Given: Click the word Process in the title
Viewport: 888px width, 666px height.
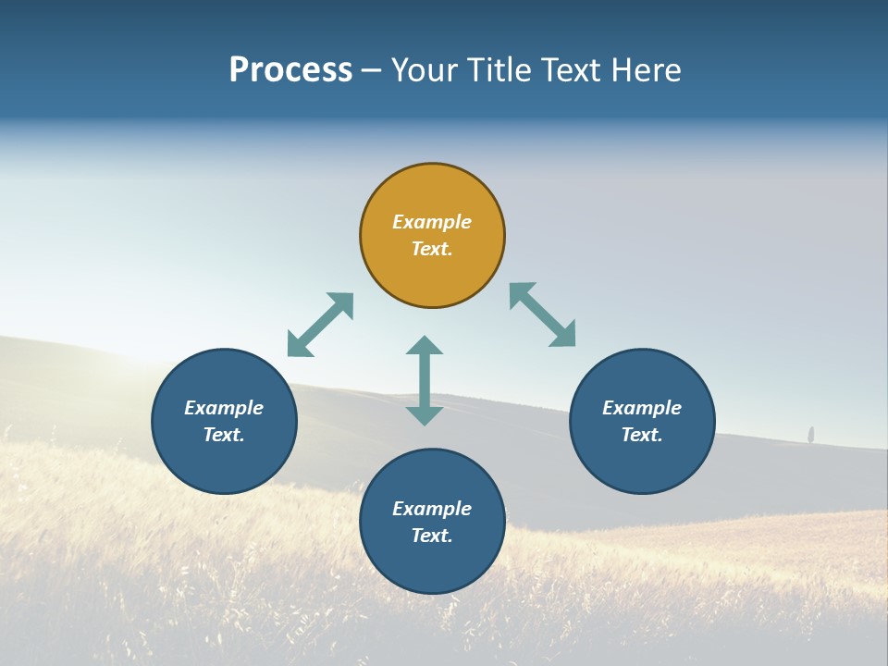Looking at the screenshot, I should pyautogui.click(x=290, y=70).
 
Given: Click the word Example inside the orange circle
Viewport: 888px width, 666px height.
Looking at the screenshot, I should pyautogui.click(x=432, y=222).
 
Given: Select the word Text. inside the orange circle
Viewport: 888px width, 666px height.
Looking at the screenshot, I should pyautogui.click(x=432, y=249).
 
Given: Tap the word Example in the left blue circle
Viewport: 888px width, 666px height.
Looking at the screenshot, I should pyautogui.click(x=224, y=408).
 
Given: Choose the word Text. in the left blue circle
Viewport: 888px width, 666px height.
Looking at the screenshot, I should pyautogui.click(x=224, y=435).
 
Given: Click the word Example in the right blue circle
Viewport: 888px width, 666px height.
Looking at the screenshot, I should pyautogui.click(x=642, y=408).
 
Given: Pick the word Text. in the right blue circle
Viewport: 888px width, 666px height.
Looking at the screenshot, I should pyautogui.click(x=642, y=435).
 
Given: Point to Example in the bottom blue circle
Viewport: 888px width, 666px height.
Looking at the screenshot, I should pyautogui.click(x=432, y=509).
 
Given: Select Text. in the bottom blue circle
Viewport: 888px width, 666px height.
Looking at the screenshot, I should pyautogui.click(x=432, y=536).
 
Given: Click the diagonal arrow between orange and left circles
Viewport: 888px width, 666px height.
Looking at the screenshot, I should pyautogui.click(x=320, y=325).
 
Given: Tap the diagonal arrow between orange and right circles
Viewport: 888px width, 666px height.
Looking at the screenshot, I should pyautogui.click(x=543, y=314).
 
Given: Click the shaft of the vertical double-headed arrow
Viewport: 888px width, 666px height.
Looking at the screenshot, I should pyautogui.click(x=425, y=380).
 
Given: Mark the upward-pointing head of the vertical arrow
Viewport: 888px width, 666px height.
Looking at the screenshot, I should pyautogui.click(x=425, y=345).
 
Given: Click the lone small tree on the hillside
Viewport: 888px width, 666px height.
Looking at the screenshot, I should pyautogui.click(x=811, y=434).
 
